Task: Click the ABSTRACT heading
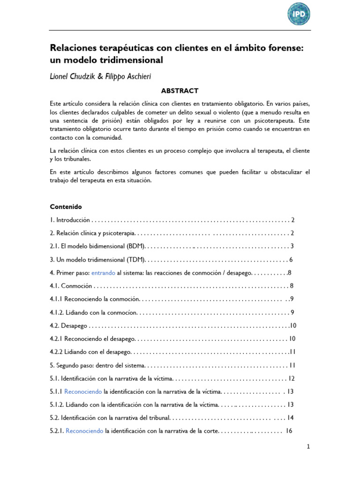coord(180,90)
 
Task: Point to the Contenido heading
coord(66,206)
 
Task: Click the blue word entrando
coord(103,272)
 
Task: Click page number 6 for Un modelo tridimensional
coord(291,259)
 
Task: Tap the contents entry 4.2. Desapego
coord(68,325)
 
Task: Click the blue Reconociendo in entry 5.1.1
coord(82,391)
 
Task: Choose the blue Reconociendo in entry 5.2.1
coord(84,431)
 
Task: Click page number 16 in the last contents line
coord(289,431)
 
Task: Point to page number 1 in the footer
coord(308,447)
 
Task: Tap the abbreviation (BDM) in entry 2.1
coord(136,246)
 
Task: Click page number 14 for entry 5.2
coord(290,417)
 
